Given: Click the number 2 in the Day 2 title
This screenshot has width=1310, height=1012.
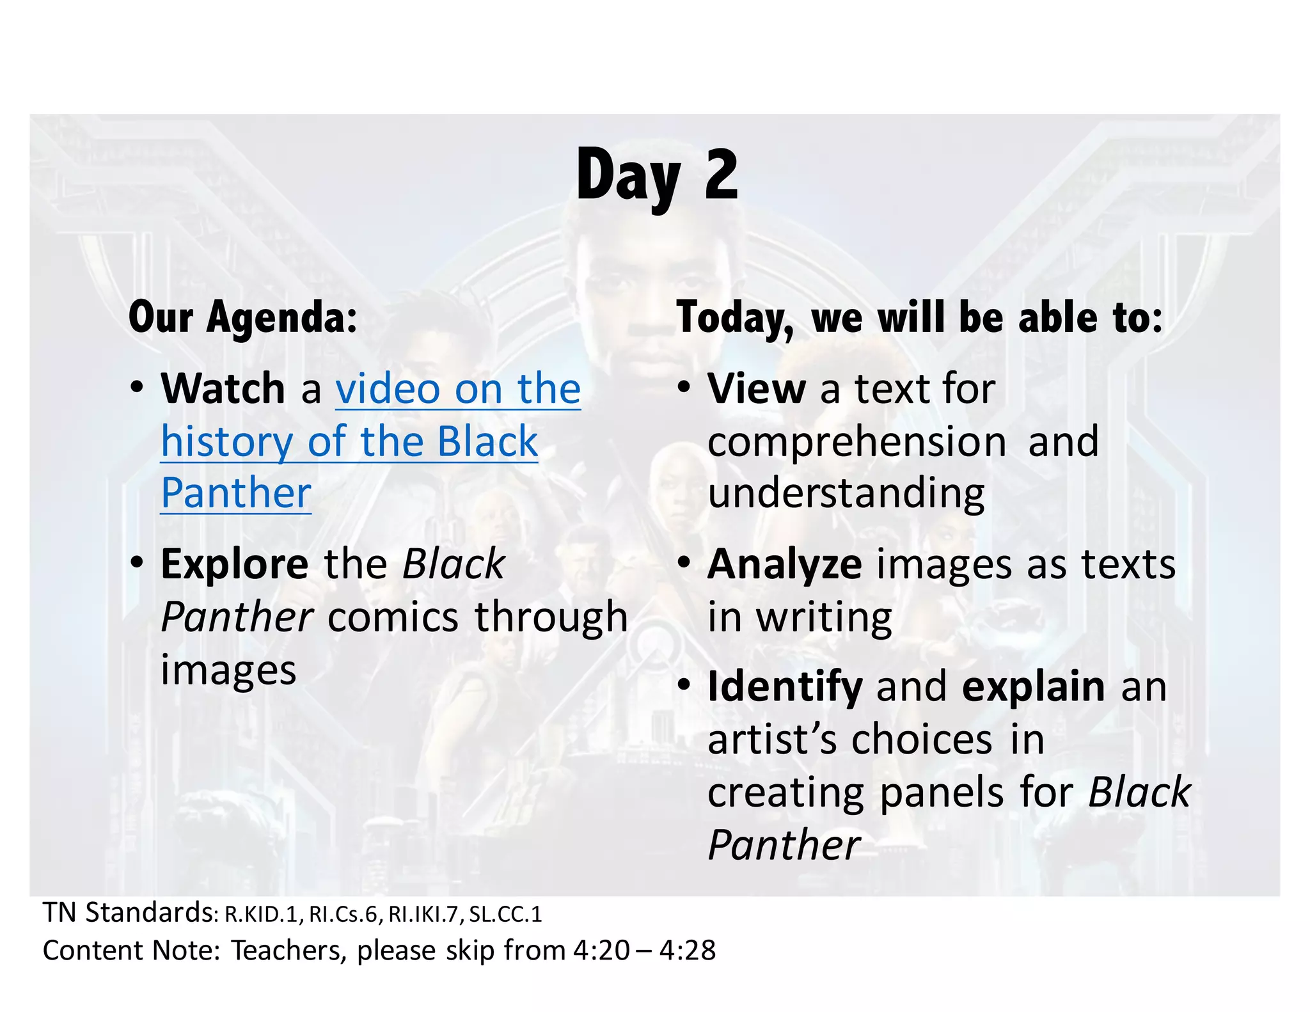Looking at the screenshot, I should [721, 175].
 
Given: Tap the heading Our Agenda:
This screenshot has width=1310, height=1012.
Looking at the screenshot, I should [242, 317].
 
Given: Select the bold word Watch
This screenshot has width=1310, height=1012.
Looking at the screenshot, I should [223, 388].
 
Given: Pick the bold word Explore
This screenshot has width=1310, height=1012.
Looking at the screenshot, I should [234, 564].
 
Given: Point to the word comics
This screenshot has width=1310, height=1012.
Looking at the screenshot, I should [393, 617].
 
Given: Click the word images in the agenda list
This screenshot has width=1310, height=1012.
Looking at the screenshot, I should [228, 670].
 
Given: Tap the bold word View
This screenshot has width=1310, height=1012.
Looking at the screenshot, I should [756, 388].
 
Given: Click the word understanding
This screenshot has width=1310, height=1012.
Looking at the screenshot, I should [846, 494].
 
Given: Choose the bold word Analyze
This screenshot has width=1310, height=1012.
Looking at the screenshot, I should [784, 564].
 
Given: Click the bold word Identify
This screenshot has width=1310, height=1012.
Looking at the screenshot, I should [785, 687].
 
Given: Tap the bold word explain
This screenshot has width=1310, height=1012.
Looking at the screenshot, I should [1033, 687].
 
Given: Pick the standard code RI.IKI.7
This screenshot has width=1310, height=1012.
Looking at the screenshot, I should [424, 915].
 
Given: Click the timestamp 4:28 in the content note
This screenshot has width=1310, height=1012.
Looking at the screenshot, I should [688, 951].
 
